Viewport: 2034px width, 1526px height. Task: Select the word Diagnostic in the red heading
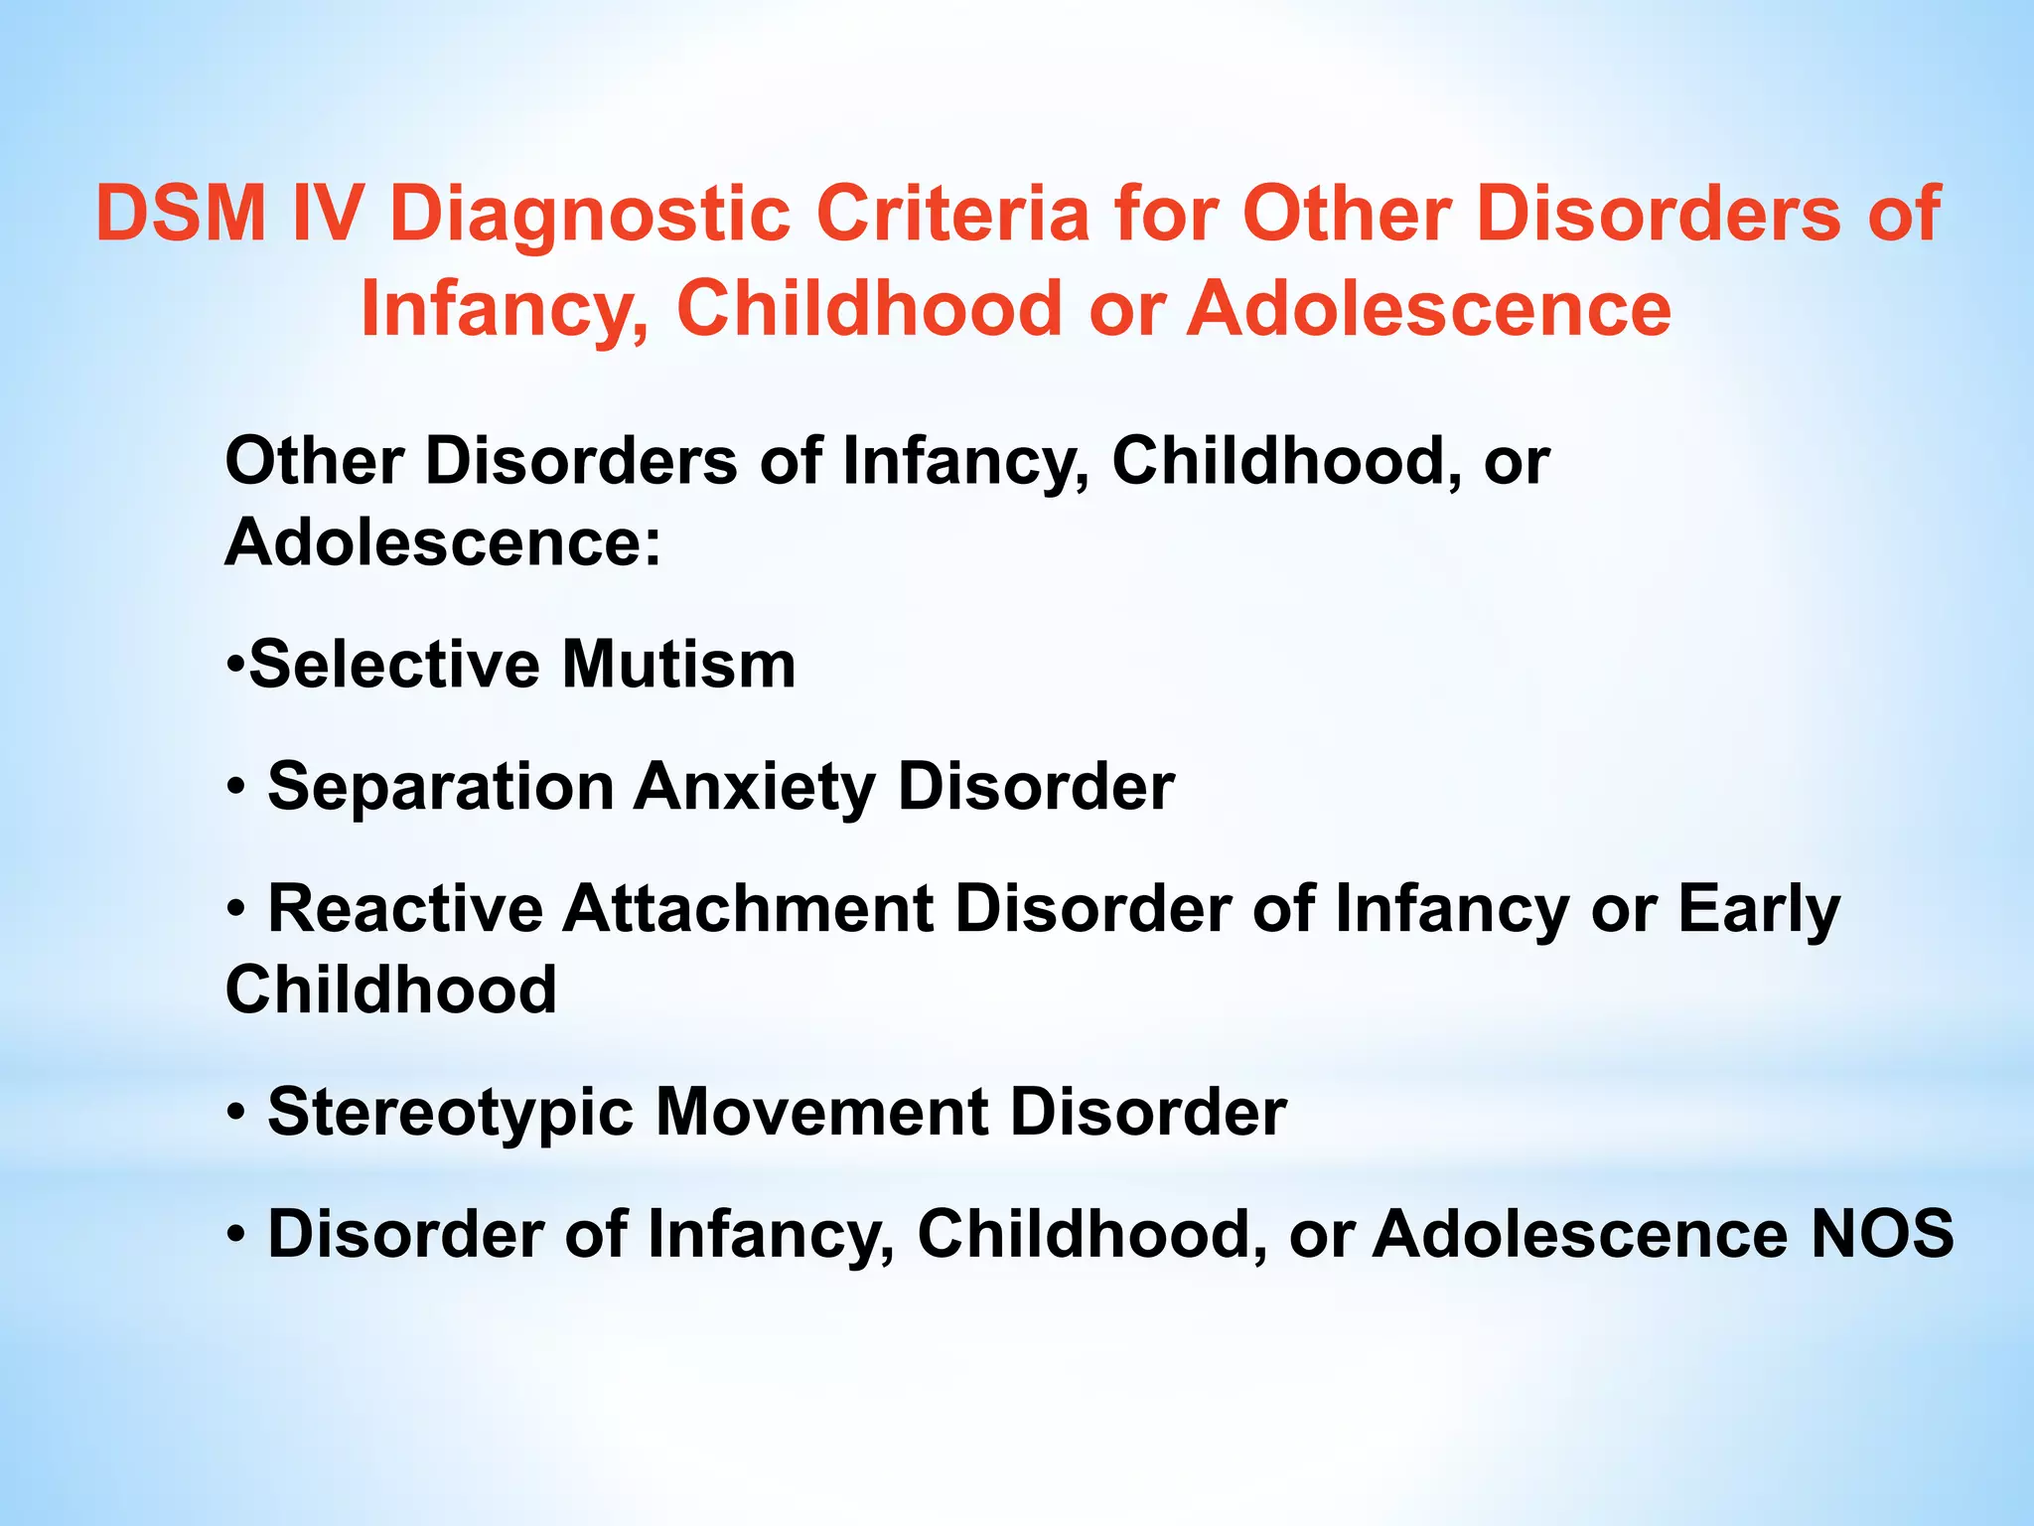(590, 215)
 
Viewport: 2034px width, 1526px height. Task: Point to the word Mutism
(678, 664)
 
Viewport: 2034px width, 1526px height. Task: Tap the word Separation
(441, 787)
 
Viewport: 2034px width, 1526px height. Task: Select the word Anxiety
(755, 787)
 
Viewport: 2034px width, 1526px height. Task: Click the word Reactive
(405, 908)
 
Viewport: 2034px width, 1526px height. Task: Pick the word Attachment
(749, 908)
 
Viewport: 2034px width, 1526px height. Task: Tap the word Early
(1759, 910)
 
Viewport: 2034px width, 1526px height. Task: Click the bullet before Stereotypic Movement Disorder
(235, 1114)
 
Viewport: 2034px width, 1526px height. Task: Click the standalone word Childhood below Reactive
(391, 990)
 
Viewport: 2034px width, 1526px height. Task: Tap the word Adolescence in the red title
(1430, 308)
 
